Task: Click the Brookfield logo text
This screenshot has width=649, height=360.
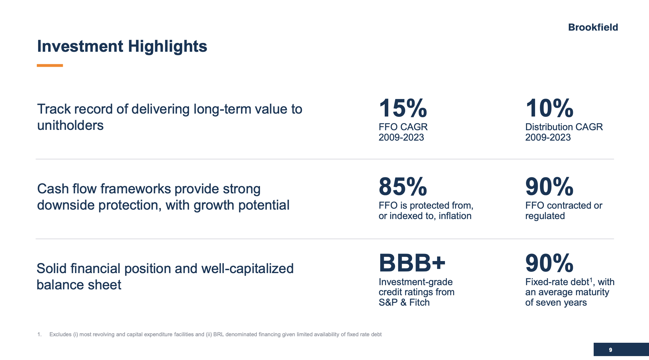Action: [593, 27]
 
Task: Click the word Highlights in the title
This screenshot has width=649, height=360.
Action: [167, 46]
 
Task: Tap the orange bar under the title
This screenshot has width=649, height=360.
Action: [49, 65]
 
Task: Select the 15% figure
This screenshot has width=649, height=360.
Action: [403, 108]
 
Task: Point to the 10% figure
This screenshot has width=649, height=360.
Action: [549, 108]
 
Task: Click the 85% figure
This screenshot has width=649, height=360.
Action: [403, 187]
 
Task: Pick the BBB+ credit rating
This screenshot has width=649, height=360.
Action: [412, 263]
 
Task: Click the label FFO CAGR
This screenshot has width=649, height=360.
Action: [403, 127]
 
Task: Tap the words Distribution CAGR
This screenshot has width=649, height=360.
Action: [564, 127]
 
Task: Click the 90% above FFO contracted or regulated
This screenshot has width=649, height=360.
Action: [549, 187]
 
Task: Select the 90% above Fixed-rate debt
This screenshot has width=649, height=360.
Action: [549, 263]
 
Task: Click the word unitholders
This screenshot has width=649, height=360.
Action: [70, 125]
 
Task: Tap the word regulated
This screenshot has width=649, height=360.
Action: [545, 216]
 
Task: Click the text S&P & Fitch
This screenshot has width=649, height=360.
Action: [404, 302]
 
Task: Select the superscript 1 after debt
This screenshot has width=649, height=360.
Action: [591, 280]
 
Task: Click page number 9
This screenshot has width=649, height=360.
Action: [610, 350]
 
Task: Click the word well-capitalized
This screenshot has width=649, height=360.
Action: [247, 269]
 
